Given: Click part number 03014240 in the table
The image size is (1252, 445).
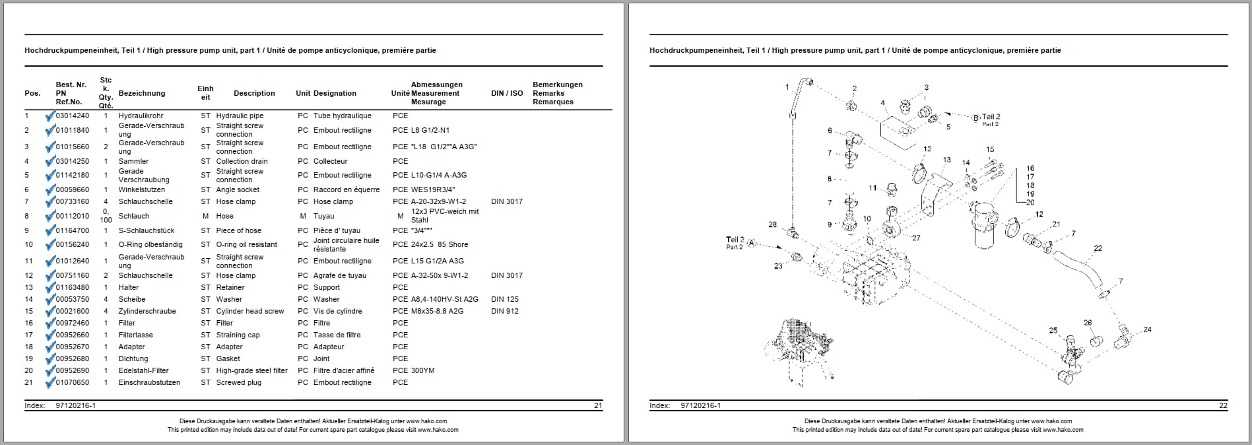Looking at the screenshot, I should [x=72, y=116].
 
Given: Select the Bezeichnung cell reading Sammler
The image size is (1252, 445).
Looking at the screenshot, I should [x=133, y=161].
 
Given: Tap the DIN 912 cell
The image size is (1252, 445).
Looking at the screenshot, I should [x=504, y=311].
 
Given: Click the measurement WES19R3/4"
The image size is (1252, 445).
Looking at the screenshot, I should [x=433, y=189].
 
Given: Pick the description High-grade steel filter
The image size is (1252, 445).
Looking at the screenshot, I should [x=251, y=370].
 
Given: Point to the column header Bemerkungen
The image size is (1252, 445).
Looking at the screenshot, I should [x=557, y=85].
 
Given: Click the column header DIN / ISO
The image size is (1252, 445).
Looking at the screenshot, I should [x=506, y=93].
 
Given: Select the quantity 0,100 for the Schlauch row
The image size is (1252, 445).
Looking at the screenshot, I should [x=106, y=216].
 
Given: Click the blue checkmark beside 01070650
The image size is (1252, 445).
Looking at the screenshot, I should [x=49, y=383].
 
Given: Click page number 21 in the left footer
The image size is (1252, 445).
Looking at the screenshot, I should [x=598, y=405].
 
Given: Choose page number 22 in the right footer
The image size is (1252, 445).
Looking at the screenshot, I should [x=1223, y=405].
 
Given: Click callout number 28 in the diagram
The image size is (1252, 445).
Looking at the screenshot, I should [x=772, y=225].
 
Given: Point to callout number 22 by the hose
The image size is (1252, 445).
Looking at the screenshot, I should [x=1098, y=248].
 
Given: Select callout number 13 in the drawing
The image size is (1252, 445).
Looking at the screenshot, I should [x=946, y=160].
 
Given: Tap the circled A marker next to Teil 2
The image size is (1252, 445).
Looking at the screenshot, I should [x=752, y=245].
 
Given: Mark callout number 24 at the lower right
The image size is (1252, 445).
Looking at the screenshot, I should [x=1147, y=329].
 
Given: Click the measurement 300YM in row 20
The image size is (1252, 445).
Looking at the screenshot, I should [x=422, y=370].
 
